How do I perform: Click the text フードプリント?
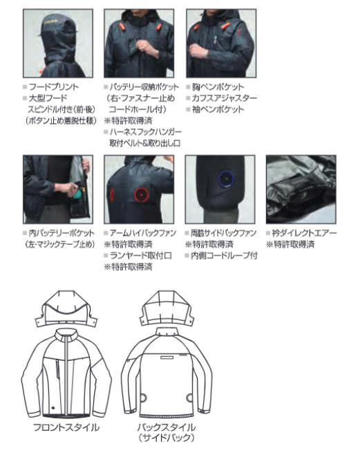tap(54, 87)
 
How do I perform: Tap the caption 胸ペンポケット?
tap(218, 87)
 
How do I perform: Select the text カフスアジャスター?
tap(225, 98)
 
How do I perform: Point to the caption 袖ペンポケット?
tap(218, 109)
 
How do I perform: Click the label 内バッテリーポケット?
tap(61, 233)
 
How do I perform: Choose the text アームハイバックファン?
tap(143, 233)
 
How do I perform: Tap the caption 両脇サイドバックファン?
tap(223, 233)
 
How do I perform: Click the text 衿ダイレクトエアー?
tap(304, 233)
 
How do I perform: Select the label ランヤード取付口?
tap(141, 256)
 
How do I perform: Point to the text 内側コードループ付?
tap(224, 256)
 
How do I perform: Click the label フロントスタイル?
tap(66, 427)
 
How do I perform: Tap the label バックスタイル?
tap(167, 427)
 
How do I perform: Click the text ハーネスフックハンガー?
tap(146, 132)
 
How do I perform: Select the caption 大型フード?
tap(48, 98)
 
